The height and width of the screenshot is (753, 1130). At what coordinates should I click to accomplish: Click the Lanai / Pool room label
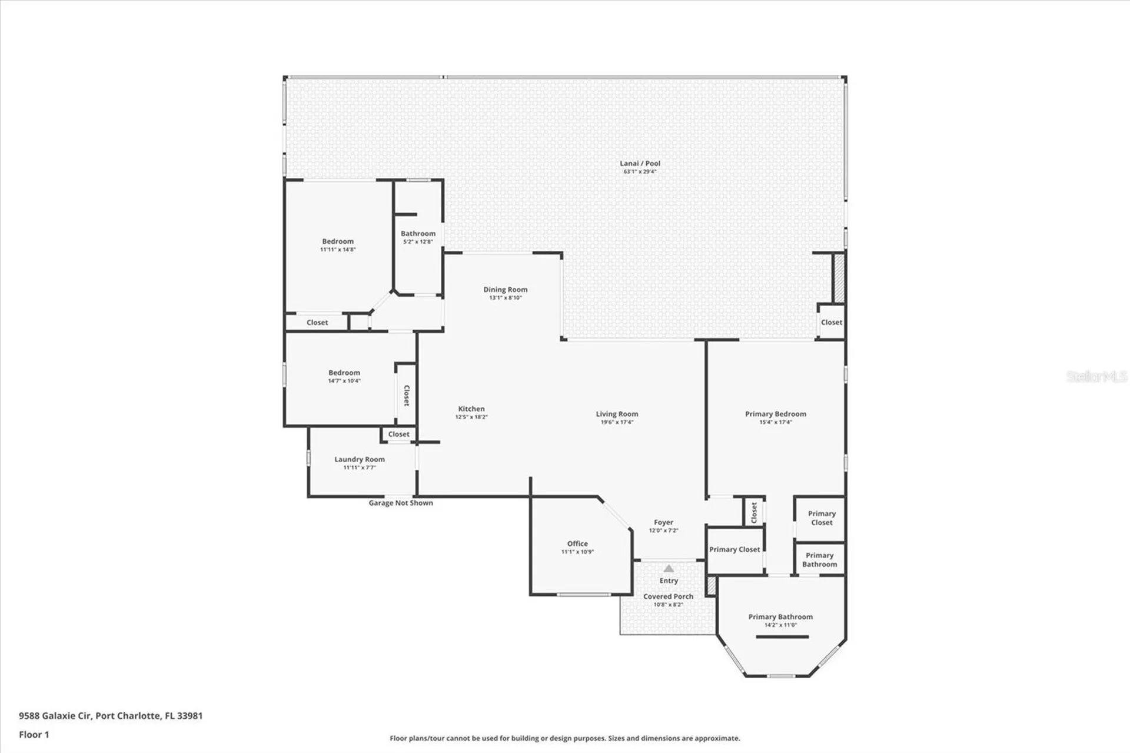tap(640, 163)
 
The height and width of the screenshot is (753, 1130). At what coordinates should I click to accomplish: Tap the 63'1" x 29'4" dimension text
tap(640, 172)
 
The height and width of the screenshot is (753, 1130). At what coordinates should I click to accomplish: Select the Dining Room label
tap(505, 289)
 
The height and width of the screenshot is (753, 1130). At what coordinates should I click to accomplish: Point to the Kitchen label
tap(471, 409)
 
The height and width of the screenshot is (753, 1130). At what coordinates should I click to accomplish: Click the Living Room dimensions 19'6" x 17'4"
tap(617, 422)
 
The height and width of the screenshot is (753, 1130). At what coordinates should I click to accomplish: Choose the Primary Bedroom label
tap(775, 414)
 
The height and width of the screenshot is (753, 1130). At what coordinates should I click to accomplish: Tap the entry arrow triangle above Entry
tap(669, 568)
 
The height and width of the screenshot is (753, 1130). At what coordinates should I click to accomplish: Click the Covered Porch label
tap(668, 596)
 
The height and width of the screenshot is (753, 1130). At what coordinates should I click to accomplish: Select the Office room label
tap(577, 543)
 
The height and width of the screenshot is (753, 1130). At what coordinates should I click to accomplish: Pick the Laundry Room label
tap(359, 459)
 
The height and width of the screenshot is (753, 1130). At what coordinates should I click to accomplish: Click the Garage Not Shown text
tap(401, 503)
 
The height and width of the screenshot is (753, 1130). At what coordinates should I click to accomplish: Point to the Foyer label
tap(663, 522)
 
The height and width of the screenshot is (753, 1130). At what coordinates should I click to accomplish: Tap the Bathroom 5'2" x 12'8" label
tap(418, 234)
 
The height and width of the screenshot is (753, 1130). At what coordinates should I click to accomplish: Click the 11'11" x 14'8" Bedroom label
tap(338, 241)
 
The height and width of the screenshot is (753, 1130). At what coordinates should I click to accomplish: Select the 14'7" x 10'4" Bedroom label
tap(344, 373)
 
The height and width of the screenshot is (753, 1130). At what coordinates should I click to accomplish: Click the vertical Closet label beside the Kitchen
tap(406, 395)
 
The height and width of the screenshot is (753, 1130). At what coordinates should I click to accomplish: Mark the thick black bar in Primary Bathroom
tap(782, 636)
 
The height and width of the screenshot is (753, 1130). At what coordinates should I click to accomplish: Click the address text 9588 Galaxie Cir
tap(55, 715)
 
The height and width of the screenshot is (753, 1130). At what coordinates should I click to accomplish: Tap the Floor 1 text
tap(34, 734)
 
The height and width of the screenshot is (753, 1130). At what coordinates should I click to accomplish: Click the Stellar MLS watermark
tap(1096, 376)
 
